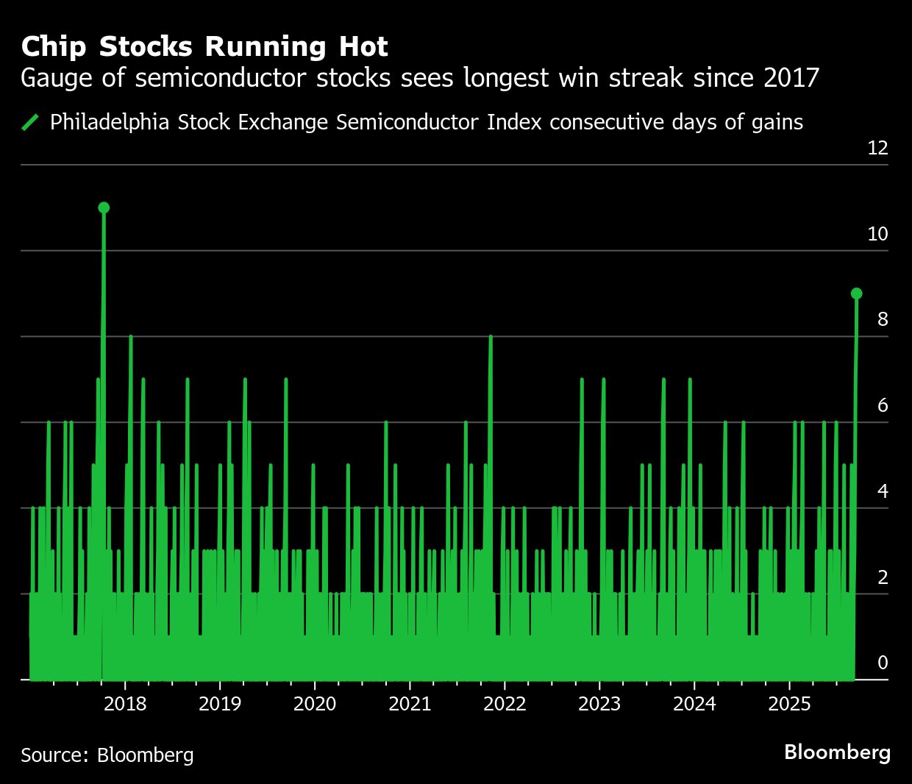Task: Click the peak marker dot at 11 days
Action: (104, 207)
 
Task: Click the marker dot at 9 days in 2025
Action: (856, 293)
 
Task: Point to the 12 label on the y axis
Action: (877, 148)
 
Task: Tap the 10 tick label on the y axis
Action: (877, 234)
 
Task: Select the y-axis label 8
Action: (883, 319)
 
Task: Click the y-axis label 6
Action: (883, 405)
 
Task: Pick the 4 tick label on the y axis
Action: (883, 491)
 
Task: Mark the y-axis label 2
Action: (883, 577)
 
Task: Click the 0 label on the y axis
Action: (883, 663)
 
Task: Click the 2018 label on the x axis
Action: (125, 704)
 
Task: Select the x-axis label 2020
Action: (315, 704)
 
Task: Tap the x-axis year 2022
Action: (505, 704)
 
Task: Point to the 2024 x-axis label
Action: (694, 704)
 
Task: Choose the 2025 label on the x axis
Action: (789, 704)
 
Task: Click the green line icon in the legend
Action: (30, 122)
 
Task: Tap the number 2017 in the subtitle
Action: (791, 77)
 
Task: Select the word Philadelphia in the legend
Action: (111, 122)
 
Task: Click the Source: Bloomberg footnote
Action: (107, 755)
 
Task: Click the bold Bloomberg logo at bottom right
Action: (837, 752)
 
